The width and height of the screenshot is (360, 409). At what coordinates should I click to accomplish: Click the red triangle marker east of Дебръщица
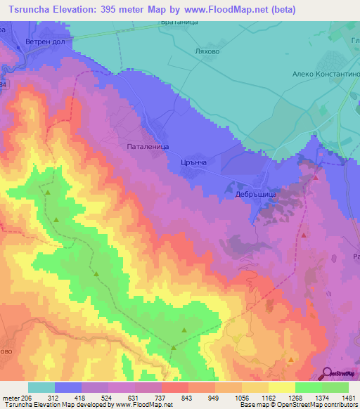pos(316,177)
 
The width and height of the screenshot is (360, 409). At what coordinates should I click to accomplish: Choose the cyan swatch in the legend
pos(41,387)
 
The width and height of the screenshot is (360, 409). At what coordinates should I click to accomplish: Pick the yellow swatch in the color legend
pos(281,387)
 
